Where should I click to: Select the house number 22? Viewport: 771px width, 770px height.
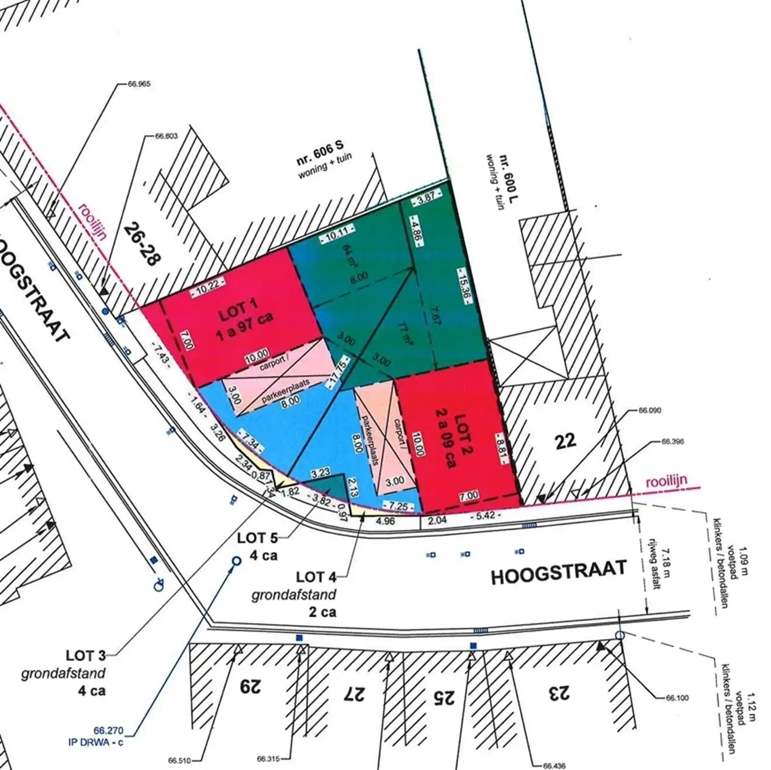click(x=565, y=441)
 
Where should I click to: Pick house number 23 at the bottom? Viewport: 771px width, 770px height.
click(x=558, y=693)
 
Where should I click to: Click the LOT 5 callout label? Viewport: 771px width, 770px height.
click(x=258, y=538)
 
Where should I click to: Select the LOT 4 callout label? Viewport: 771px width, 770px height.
click(x=316, y=577)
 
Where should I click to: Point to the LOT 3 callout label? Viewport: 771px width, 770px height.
click(x=86, y=656)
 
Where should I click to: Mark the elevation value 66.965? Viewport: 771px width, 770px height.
click(x=139, y=84)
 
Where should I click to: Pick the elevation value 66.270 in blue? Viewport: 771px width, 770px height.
click(x=108, y=730)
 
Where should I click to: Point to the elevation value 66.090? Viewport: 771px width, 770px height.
click(x=650, y=411)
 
